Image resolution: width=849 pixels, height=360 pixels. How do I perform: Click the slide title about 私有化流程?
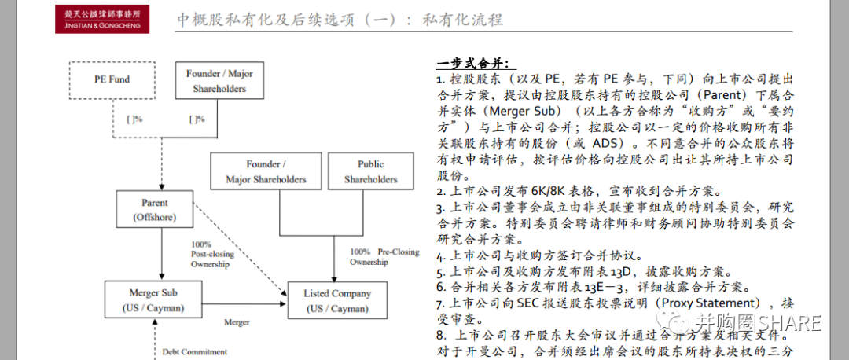[340, 20]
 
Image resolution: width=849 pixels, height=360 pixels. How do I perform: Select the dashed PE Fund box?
[112, 79]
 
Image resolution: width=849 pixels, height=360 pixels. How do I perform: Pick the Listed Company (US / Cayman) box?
[337, 299]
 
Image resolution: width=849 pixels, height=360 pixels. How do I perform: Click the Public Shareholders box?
[370, 172]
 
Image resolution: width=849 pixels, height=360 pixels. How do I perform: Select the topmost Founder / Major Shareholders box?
[219, 81]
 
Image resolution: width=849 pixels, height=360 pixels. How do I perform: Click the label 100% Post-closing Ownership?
[210, 255]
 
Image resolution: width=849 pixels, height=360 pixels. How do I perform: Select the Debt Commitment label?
[194, 351]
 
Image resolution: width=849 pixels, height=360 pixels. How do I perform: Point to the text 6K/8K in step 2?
[531, 191]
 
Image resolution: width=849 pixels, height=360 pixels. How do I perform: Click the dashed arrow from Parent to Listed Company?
[241, 252]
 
